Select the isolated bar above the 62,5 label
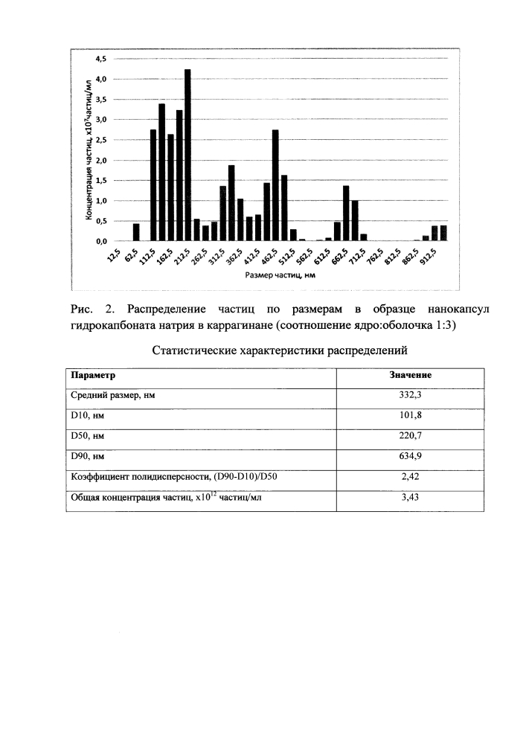click(x=136, y=232)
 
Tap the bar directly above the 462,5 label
click(x=275, y=185)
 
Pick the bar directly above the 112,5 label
click(x=153, y=185)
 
